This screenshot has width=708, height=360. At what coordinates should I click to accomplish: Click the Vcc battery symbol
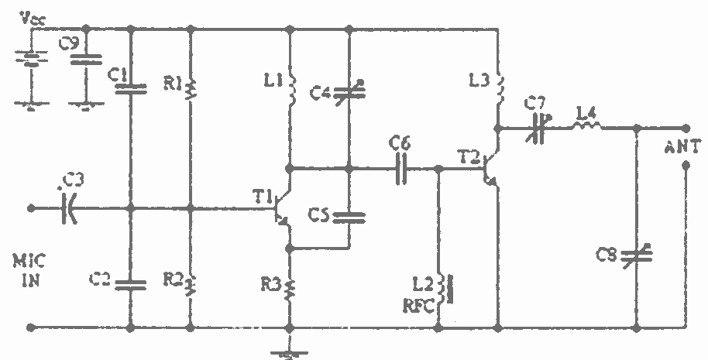click(x=31, y=58)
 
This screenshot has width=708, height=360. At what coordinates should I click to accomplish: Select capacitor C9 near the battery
click(x=86, y=59)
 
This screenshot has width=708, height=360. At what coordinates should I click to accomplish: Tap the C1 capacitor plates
click(x=130, y=89)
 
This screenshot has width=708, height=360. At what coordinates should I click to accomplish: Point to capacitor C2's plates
click(x=130, y=285)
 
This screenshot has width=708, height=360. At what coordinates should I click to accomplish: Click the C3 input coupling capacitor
click(x=69, y=208)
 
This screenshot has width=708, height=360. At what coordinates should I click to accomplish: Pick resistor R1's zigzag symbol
click(x=191, y=90)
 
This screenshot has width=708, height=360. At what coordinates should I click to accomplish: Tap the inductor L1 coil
click(x=291, y=89)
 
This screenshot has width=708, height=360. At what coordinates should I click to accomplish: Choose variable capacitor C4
click(x=349, y=92)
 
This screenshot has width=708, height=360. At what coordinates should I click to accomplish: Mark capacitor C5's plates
click(x=349, y=218)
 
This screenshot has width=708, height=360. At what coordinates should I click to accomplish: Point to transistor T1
click(x=283, y=208)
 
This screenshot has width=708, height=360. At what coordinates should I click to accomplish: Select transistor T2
click(x=490, y=170)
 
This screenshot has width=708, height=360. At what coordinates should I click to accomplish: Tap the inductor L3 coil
click(x=499, y=87)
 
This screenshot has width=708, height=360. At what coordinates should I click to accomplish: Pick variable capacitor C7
click(x=538, y=129)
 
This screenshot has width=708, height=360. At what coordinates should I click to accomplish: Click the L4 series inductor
click(x=587, y=126)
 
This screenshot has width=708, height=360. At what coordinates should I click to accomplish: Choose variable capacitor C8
click(x=637, y=255)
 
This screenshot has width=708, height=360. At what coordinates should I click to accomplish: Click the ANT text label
click(x=683, y=148)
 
